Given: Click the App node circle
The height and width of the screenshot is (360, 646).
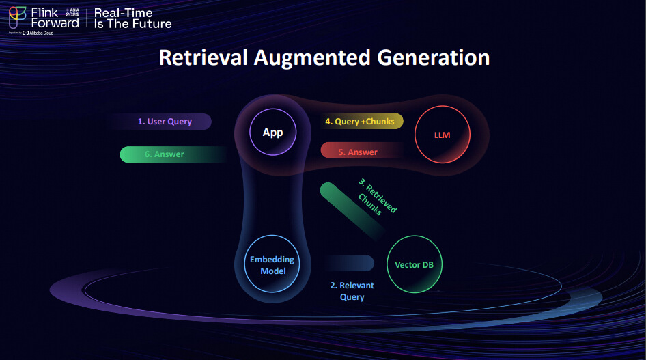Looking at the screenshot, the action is click(x=272, y=133).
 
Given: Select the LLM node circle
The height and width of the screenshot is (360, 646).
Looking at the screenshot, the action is click(x=443, y=135).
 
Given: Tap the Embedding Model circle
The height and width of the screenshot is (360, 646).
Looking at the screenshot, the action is click(x=272, y=264).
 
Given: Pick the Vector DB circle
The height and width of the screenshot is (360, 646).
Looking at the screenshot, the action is click(x=415, y=265).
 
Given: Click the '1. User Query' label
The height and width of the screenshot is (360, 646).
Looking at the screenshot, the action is click(x=165, y=122).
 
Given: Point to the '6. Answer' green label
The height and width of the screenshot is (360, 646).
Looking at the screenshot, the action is click(x=165, y=154).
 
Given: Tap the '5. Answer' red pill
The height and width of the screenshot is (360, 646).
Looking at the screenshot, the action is click(x=358, y=152).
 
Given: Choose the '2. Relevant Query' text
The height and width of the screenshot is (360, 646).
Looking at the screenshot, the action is click(x=352, y=291).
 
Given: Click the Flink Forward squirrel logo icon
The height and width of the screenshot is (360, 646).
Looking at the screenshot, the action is click(x=17, y=16).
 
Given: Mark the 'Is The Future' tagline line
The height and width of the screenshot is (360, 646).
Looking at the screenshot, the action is click(x=132, y=24).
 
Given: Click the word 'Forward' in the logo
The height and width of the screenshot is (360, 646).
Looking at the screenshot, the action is click(x=55, y=23).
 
